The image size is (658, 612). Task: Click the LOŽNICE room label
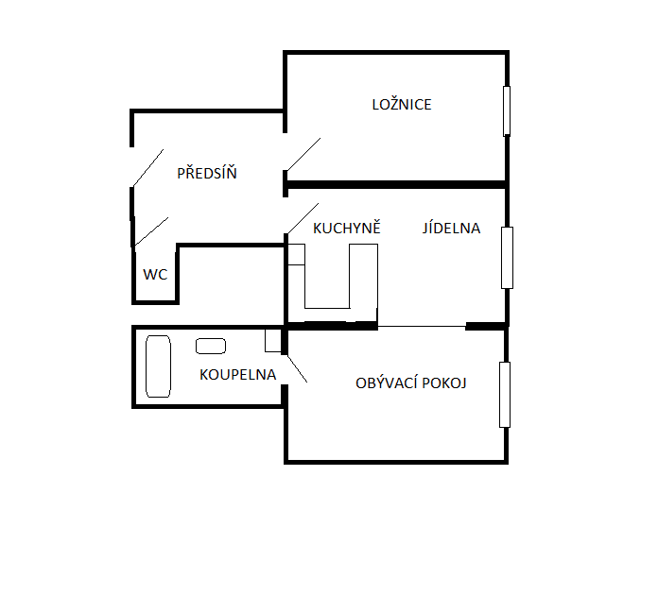[x=402, y=105]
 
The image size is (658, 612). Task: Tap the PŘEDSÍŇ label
[x=207, y=174]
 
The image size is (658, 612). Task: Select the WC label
[x=155, y=275]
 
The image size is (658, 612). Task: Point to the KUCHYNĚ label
[x=346, y=228]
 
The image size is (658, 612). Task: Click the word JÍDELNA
[x=451, y=228]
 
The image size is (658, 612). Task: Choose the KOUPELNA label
[x=237, y=374]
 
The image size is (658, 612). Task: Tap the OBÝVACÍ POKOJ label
[x=411, y=382]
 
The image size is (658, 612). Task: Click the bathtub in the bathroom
[x=158, y=365]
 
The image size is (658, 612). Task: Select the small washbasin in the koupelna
[x=211, y=346]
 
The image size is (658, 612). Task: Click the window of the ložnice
[x=507, y=110]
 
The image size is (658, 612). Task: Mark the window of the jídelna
[x=507, y=258]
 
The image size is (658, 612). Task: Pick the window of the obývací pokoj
[x=507, y=394]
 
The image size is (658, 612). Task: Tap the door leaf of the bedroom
[x=302, y=156]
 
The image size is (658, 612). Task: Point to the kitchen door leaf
[x=302, y=219]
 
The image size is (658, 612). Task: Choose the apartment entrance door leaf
[x=147, y=168]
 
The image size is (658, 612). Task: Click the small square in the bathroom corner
[x=273, y=340]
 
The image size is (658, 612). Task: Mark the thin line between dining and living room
[x=422, y=327]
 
